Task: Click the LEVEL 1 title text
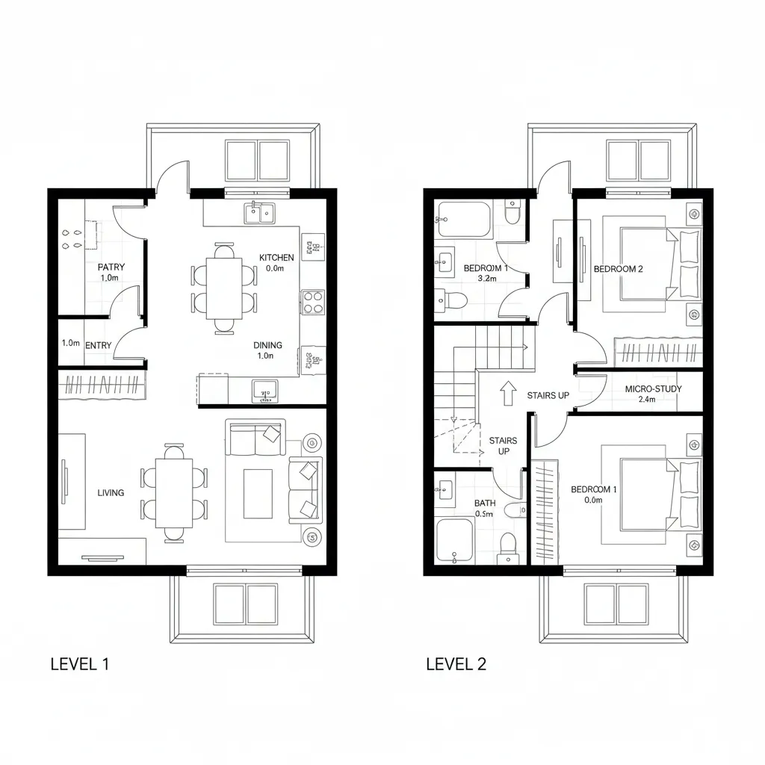pyautogui.click(x=80, y=663)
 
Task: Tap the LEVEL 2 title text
pyautogui.click(x=456, y=663)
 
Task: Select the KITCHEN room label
pyautogui.click(x=276, y=258)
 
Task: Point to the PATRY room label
pyautogui.click(x=111, y=267)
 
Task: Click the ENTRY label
pyautogui.click(x=99, y=344)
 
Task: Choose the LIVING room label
pyautogui.click(x=111, y=492)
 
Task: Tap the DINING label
pyautogui.click(x=267, y=345)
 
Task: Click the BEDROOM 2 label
pyautogui.click(x=618, y=269)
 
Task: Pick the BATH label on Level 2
pyautogui.click(x=484, y=503)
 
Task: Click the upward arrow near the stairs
pyautogui.click(x=508, y=391)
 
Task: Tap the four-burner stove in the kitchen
pyautogui.click(x=312, y=302)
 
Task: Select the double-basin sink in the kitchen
pyautogui.click(x=261, y=214)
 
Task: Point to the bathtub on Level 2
pyautogui.click(x=463, y=219)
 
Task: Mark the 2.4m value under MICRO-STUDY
pyautogui.click(x=648, y=400)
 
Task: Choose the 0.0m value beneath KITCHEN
pyautogui.click(x=275, y=268)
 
